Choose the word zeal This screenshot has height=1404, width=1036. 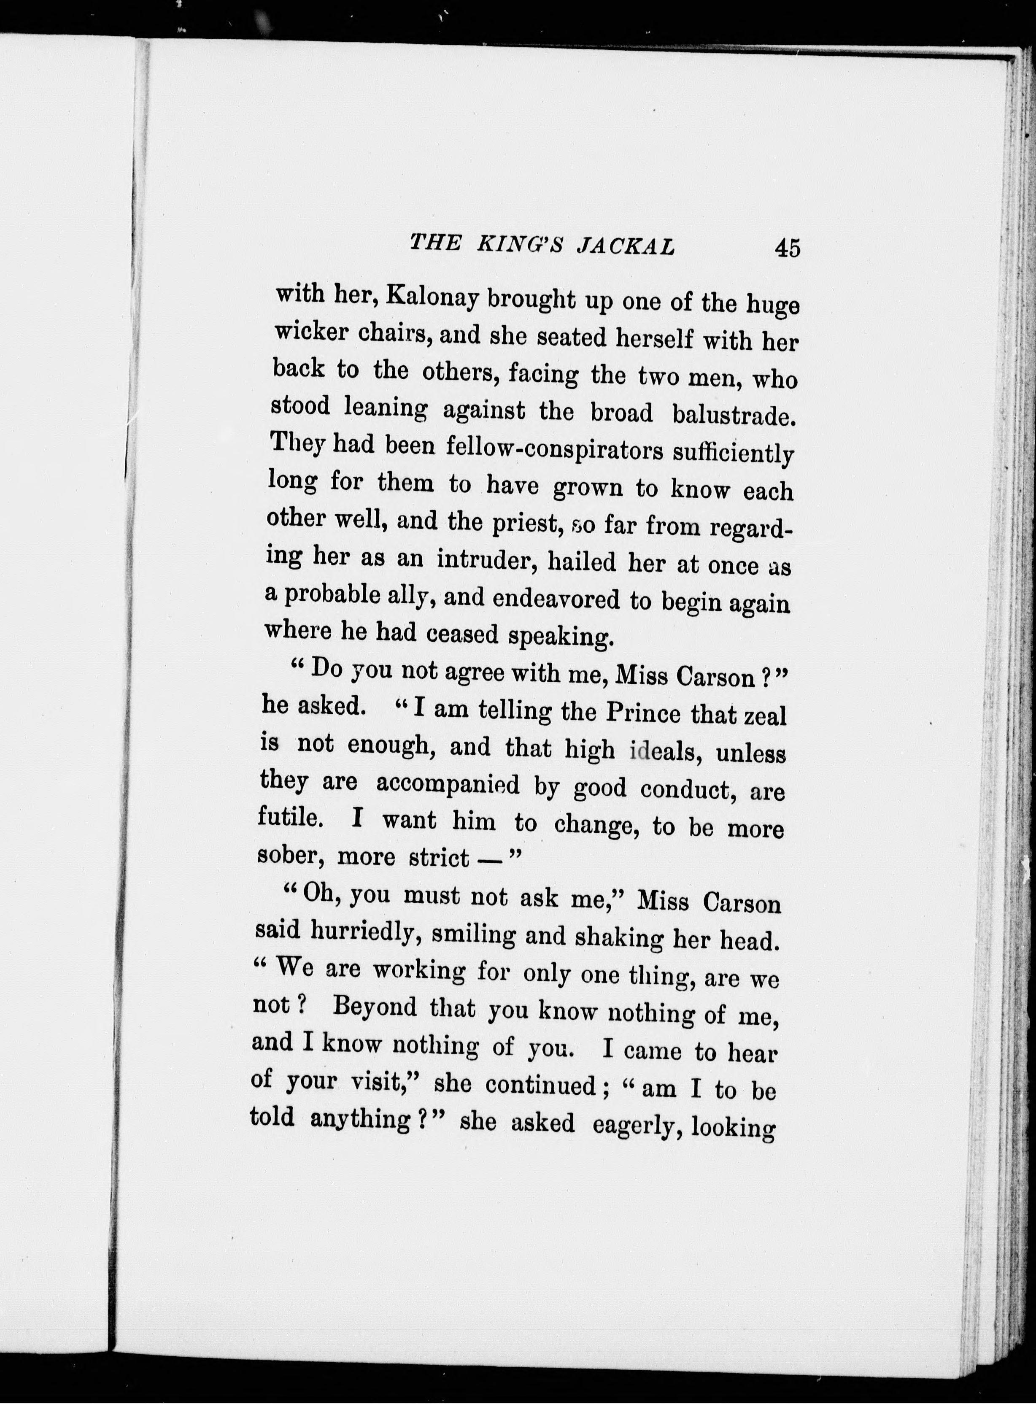coord(764,716)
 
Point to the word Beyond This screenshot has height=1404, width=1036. coord(375,1006)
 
